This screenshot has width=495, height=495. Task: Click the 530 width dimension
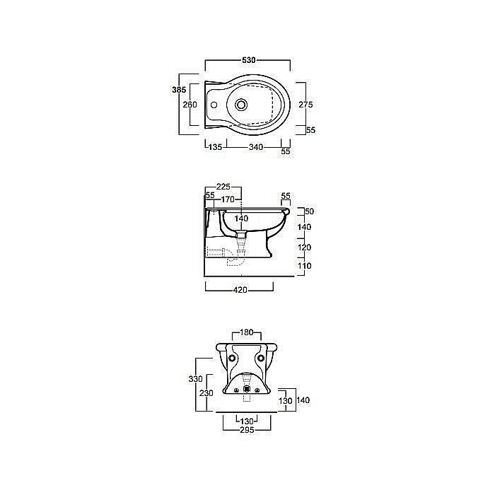(248, 60)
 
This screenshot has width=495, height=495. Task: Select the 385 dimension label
(179, 90)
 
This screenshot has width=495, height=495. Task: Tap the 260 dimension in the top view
(190, 104)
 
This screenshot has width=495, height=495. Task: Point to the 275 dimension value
(305, 104)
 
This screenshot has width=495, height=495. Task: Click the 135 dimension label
(215, 147)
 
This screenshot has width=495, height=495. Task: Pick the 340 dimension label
(256, 147)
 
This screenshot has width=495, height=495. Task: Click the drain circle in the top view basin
(242, 104)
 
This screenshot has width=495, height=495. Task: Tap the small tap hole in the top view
(214, 105)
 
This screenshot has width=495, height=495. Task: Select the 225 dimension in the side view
(223, 187)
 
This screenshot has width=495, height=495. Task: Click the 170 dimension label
(227, 199)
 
